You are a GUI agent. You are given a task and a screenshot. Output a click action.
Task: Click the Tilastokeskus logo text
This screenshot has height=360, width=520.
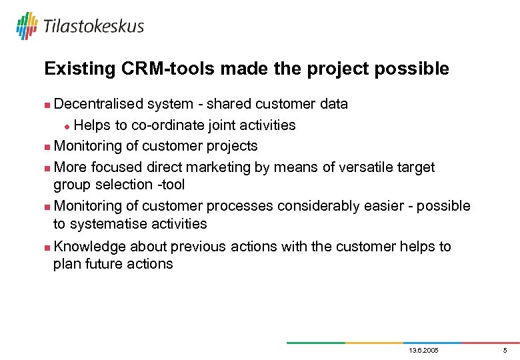(x=93, y=27)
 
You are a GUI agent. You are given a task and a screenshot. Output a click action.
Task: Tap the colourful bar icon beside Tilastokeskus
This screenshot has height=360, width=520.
(x=27, y=26)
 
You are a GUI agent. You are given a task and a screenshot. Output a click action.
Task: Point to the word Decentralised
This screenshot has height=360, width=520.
(x=99, y=104)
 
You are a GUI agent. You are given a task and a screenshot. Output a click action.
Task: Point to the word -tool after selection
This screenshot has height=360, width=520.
(x=169, y=185)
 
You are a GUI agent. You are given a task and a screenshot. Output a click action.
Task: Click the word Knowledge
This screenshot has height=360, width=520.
(x=89, y=247)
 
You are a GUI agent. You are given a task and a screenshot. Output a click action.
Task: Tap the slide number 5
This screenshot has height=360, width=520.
(x=505, y=350)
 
